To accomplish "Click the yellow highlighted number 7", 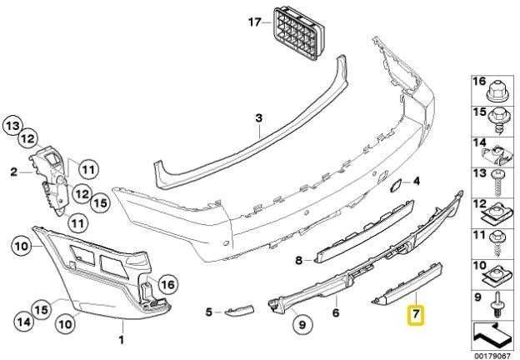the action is tap(416, 313).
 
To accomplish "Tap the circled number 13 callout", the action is tap(13, 126).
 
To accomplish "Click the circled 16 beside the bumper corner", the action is tap(168, 285).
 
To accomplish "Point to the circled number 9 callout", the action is tap(302, 324).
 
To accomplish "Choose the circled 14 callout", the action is tap(24, 322).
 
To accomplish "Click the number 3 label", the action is tap(259, 117).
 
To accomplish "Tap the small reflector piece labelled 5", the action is tap(239, 310).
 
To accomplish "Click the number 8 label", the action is tap(299, 261).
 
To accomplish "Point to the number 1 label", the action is tap(122, 340).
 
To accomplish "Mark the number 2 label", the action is tap(13, 172).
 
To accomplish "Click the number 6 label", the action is tap(336, 312).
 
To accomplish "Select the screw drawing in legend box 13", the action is tap(497, 183).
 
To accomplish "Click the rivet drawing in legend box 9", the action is tap(497, 307).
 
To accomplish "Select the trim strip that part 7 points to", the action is tap(407, 284).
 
